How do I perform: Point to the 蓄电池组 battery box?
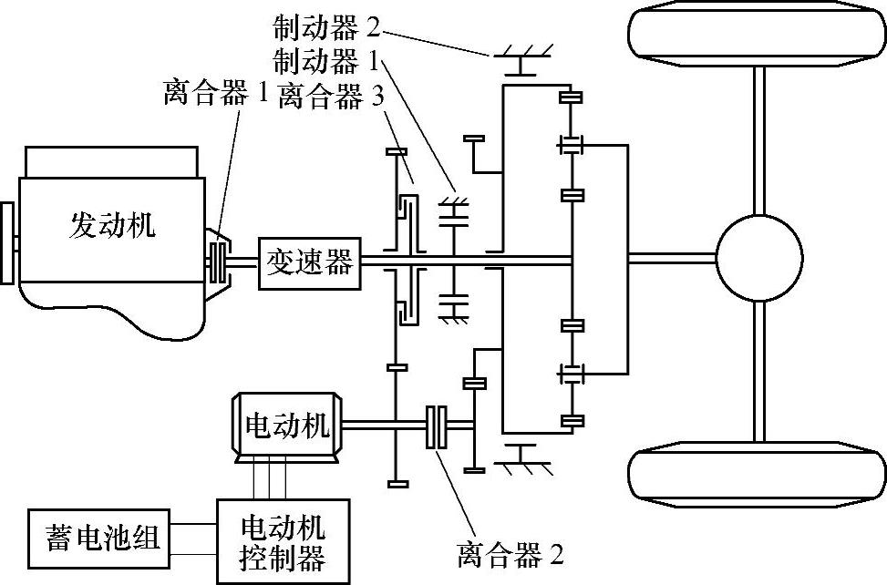(95, 538)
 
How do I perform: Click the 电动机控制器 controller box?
(283, 540)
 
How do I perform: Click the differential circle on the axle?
(758, 256)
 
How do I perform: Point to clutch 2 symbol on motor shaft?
(437, 426)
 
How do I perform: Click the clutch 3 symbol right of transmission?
(407, 262)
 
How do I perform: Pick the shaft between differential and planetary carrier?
(670, 258)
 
